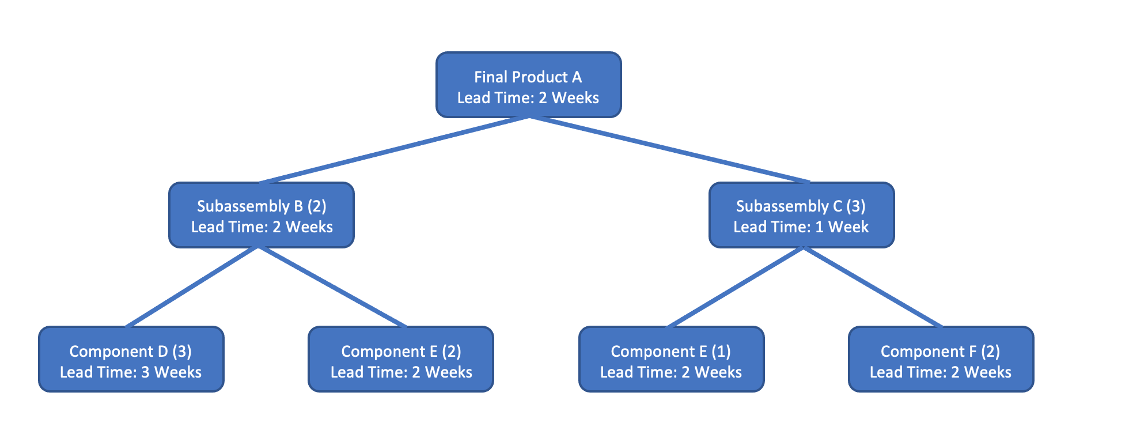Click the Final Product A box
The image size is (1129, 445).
tap(528, 85)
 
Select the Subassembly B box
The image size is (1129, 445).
tap(261, 216)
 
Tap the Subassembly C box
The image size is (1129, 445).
tap(801, 216)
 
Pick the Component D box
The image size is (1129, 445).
tap(131, 360)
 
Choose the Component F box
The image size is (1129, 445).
tap(941, 360)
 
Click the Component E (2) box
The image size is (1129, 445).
tap(401, 360)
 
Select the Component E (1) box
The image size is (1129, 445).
tap(671, 360)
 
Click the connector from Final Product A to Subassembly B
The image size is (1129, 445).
tap(394, 150)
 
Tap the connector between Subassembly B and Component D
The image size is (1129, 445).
tap(192, 287)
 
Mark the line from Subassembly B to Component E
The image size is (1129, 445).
tap(333, 287)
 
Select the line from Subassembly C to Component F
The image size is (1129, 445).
tap(872, 287)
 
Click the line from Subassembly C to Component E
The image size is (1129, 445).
tap(735, 287)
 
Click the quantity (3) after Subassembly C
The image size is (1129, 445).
tap(856, 206)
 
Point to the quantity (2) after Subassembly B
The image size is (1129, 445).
tap(317, 206)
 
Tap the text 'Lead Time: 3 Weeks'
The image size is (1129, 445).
tap(131, 372)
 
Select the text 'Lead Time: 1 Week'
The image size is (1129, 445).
tap(801, 227)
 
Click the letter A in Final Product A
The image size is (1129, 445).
tap(576, 77)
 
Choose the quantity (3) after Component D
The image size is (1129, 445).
tap(182, 351)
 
